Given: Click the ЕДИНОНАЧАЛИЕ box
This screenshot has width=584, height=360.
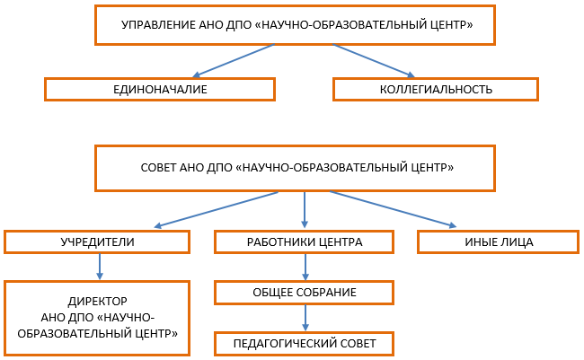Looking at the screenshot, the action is [x=160, y=90].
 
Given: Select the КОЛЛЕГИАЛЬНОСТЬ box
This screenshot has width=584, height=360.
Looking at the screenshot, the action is [x=436, y=90].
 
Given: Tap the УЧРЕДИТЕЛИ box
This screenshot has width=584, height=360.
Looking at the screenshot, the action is [x=97, y=242].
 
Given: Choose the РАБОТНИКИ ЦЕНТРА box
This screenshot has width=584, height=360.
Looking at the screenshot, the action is [x=305, y=242].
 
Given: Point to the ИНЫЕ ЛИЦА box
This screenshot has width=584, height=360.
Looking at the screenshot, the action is [x=499, y=242].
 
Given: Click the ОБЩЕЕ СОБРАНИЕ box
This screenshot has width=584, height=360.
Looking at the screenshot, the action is [x=305, y=293].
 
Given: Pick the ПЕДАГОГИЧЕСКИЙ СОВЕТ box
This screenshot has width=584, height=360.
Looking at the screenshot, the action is [x=305, y=344].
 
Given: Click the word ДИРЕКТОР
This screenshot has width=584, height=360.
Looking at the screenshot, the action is [x=98, y=301].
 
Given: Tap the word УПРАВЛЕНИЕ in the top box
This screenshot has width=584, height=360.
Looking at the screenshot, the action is [x=158, y=25].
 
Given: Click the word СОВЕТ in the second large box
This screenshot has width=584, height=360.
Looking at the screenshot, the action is [x=158, y=168].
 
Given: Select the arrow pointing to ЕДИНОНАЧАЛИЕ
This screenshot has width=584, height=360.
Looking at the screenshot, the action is [x=234, y=61].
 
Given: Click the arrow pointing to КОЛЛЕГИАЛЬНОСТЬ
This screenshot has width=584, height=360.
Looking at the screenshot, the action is [x=374, y=61].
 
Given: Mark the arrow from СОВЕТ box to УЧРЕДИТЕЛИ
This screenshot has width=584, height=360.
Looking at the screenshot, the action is [x=216, y=209].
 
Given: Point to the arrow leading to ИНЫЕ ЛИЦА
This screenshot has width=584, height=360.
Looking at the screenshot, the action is [x=393, y=209].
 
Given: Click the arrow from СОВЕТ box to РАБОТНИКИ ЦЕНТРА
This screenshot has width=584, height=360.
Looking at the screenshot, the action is [x=305, y=210].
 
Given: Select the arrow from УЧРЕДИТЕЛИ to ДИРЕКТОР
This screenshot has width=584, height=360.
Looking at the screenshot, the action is [x=100, y=267].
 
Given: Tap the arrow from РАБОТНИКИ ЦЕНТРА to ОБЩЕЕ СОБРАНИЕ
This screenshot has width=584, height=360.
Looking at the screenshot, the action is [x=305, y=268].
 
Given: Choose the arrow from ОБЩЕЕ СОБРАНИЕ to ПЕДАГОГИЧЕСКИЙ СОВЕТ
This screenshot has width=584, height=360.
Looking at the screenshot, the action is [x=305, y=318].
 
